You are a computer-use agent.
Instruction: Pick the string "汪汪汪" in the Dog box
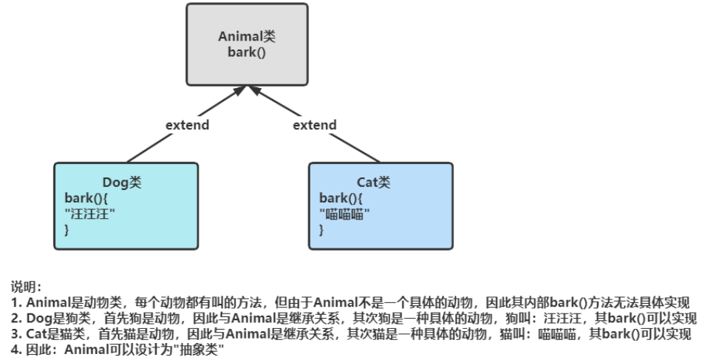pos(90,214)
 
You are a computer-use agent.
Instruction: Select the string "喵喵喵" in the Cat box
pos(344,214)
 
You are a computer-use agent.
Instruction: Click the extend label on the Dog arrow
pos(187,125)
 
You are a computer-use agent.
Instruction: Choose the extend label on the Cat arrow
pos(315,125)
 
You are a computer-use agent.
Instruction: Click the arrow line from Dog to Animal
pos(155,145)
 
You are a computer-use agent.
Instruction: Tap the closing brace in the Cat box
pos(321,230)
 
